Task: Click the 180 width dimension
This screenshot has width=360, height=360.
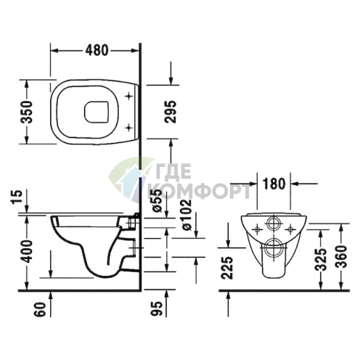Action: (274, 183)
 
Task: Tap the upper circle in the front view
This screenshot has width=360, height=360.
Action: (274, 223)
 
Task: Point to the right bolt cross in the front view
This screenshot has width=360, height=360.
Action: (292, 227)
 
